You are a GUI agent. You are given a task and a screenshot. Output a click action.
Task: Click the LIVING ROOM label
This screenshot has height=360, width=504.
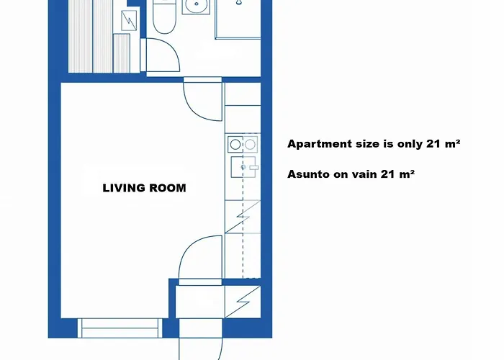coord(144,188)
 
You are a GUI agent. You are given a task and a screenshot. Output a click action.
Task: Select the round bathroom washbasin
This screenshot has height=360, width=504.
coord(197,6)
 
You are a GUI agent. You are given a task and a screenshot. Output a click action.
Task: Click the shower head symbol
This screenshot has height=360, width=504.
coord(238,2)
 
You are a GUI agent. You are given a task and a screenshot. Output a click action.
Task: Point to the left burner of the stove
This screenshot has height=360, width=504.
coord(235,145)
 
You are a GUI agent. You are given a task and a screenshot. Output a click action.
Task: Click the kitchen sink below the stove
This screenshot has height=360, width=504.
coord(243,167)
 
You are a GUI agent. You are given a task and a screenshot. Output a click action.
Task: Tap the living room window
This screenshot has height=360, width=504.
coord(120,328)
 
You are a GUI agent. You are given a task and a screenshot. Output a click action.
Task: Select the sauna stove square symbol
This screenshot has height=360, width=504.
coord(129,21)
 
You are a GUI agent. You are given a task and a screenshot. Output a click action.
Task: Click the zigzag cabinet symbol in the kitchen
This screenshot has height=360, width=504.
coord(243,217)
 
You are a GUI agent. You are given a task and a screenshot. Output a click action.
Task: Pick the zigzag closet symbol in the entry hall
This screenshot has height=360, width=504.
coord(243,302)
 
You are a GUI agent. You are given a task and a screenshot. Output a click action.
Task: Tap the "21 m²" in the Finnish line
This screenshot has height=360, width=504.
coord(397,174)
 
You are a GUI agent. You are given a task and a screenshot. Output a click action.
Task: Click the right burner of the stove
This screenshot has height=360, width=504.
coord(250,145)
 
